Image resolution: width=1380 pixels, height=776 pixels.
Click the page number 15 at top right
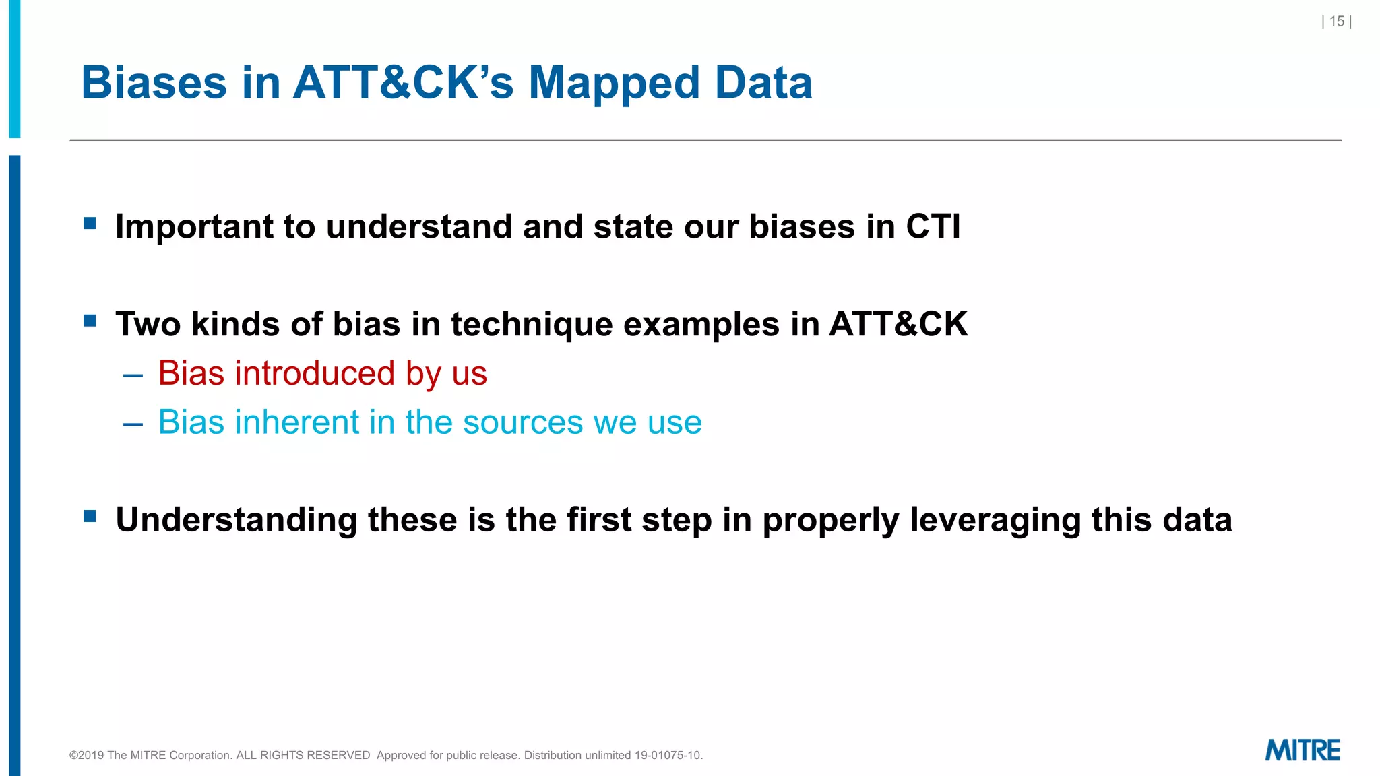(1337, 22)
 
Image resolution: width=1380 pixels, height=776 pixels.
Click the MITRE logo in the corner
(1302, 750)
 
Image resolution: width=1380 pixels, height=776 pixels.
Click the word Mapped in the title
(614, 83)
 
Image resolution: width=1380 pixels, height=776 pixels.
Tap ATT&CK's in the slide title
(403, 83)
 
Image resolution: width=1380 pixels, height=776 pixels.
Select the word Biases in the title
(154, 83)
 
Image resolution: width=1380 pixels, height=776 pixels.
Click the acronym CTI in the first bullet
(933, 226)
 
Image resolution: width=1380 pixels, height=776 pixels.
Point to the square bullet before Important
(90, 223)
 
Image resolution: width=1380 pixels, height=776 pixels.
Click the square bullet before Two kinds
(90, 320)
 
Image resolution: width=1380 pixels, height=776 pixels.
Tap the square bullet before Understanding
(90, 516)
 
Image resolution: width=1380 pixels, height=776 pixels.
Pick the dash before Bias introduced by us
(133, 375)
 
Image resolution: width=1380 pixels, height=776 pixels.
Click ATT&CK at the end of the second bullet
(898, 324)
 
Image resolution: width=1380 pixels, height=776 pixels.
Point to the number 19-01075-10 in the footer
(668, 755)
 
